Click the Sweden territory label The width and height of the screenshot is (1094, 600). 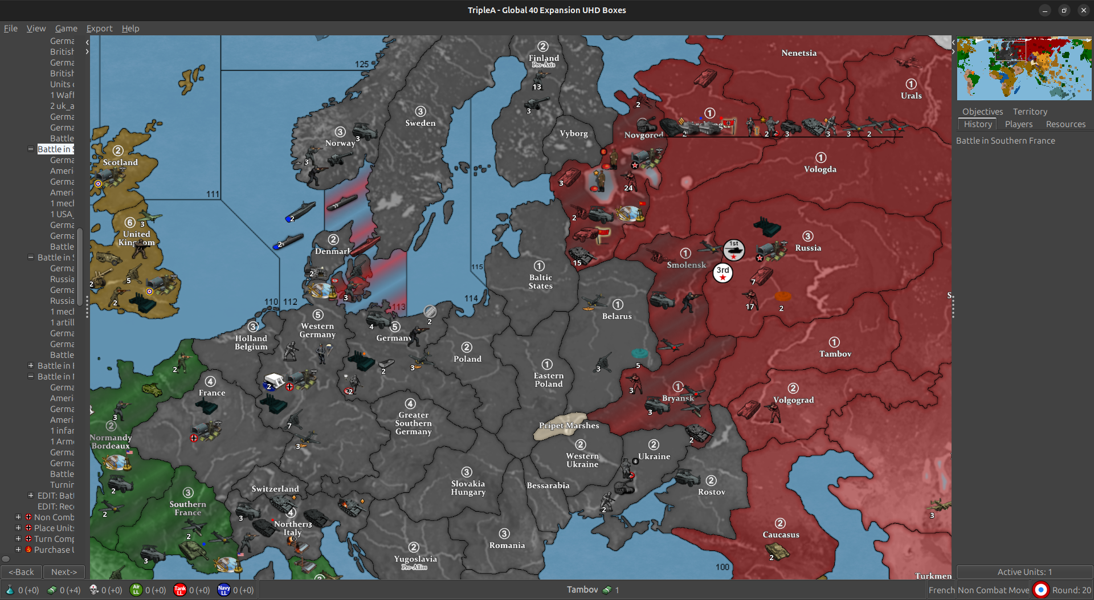pos(420,123)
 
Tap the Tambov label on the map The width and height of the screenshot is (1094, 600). pos(835,354)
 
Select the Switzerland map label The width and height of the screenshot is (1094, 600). pos(275,489)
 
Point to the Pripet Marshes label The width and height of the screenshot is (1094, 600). pos(569,426)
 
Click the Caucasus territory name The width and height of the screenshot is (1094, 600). pos(781,534)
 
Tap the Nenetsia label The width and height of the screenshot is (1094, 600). pos(799,53)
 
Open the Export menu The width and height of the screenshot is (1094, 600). pos(99,28)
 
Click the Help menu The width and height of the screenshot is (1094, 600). pos(130,28)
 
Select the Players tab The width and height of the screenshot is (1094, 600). pos(1018,124)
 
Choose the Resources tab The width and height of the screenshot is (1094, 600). pos(1065,124)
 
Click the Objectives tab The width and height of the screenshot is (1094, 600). pos(982,112)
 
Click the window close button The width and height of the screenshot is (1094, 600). pos(1083,10)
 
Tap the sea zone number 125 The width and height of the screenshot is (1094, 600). pos(362,64)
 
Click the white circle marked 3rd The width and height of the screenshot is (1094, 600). pos(722,273)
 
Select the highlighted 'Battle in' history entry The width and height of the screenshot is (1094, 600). pos(55,149)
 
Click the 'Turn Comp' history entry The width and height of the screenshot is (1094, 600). pos(54,539)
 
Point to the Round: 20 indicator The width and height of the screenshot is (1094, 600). pos(1071,590)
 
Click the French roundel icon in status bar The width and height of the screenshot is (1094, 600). pos(1040,590)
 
